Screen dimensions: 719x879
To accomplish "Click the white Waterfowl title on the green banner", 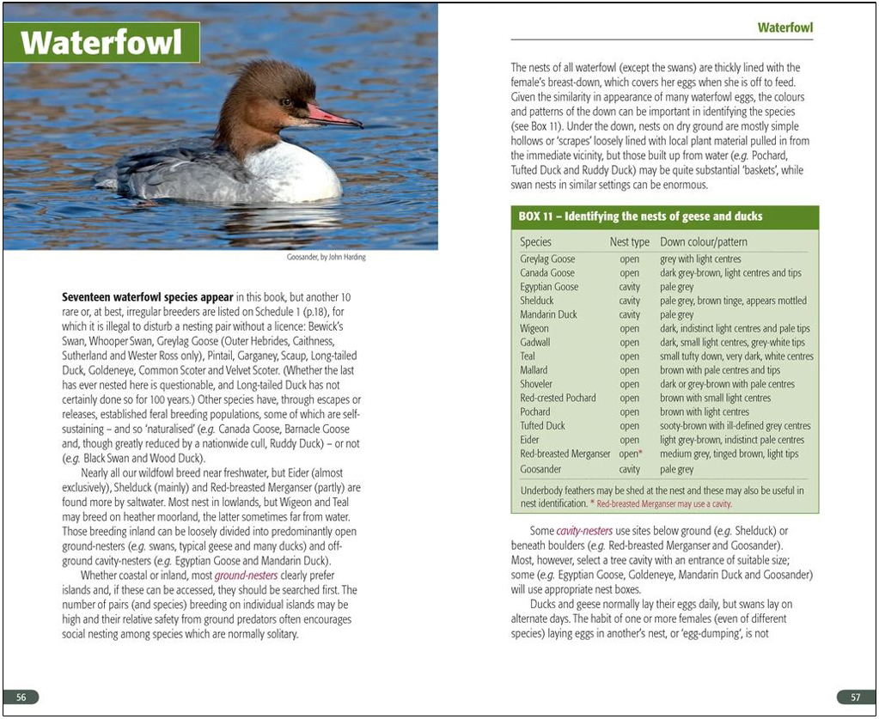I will click(101, 42).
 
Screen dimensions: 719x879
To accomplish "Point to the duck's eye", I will click(289, 101).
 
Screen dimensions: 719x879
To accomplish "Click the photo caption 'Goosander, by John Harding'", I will click(326, 257).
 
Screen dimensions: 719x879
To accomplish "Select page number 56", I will click(21, 697).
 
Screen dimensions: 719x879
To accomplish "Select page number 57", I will click(856, 697).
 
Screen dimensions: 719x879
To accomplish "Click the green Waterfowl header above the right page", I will click(784, 27).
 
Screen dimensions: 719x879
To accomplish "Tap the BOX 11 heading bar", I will click(664, 216).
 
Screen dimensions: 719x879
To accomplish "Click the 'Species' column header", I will click(535, 242).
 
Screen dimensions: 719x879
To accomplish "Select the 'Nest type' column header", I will click(629, 242).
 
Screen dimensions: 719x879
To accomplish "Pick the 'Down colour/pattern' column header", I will click(704, 242).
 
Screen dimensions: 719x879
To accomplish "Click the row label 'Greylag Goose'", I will click(547, 259).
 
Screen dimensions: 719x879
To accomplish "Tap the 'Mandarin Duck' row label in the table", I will click(548, 314).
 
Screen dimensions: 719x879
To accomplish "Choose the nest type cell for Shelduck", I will click(629, 301).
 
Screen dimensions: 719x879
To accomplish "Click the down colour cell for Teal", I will click(736, 356).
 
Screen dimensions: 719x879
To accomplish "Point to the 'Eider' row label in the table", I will click(529, 440).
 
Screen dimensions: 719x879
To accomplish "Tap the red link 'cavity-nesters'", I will click(584, 531).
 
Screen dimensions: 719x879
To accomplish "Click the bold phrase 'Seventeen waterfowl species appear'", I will click(147, 297).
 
